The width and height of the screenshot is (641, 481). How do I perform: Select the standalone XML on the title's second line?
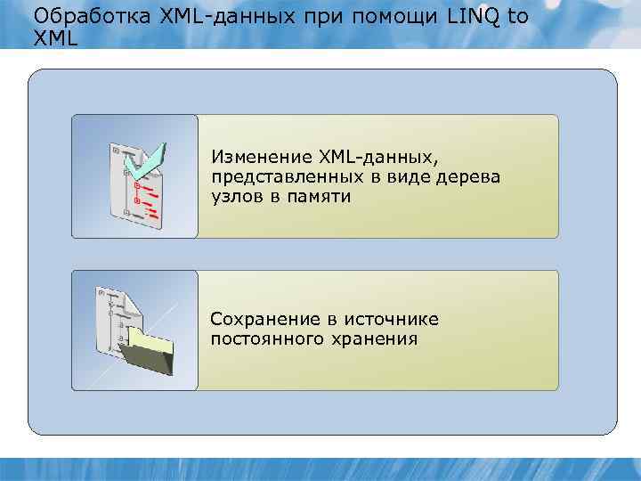pyautogui.click(x=54, y=38)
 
